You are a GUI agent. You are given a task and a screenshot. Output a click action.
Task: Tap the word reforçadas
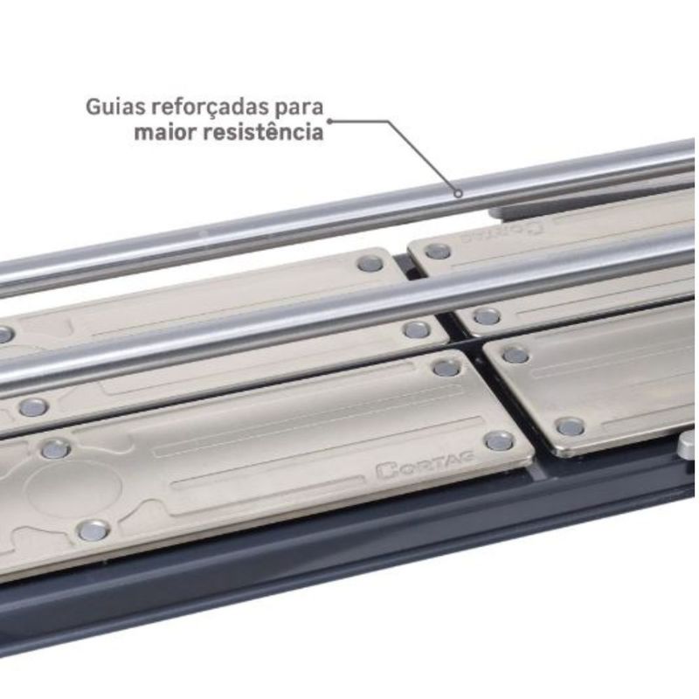coord(211,107)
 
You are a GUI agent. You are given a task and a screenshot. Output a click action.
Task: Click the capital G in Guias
coord(93,107)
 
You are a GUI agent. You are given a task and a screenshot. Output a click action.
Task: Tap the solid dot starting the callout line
coord(330,121)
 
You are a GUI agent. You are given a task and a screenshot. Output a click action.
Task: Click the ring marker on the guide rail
coord(458,193)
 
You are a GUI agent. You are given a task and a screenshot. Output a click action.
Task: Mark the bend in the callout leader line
coord(388,121)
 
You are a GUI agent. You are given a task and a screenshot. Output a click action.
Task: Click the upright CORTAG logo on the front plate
coord(425,465)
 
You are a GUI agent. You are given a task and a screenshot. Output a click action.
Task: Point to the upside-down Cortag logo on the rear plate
coord(502,232)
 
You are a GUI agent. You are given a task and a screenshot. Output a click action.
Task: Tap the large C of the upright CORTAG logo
coord(384,471)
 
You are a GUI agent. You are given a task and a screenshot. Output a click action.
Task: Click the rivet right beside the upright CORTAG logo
coord(499,441)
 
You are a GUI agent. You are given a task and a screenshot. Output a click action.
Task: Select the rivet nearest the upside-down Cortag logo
coord(438,252)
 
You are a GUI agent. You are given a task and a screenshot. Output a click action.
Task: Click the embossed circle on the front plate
coord(73,489)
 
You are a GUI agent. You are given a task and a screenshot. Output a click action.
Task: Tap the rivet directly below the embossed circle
coord(93,530)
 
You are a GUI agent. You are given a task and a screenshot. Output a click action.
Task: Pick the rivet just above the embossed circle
coord(55,449)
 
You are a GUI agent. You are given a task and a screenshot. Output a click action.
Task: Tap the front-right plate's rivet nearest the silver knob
coord(571,426)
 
